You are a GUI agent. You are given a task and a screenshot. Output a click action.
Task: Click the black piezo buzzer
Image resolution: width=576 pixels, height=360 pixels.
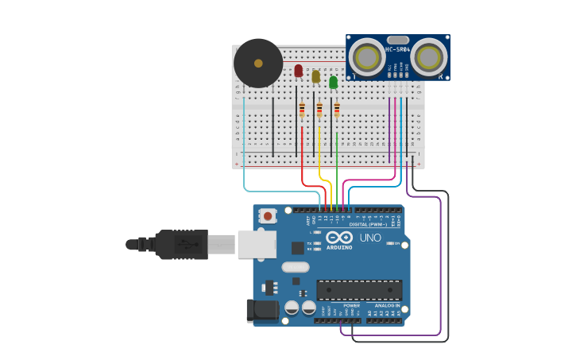click(x=258, y=63)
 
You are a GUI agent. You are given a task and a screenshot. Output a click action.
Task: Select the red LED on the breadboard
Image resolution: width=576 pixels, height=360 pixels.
click(x=298, y=71)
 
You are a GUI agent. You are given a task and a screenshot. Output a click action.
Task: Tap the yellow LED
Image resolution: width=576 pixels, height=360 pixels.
click(x=315, y=76)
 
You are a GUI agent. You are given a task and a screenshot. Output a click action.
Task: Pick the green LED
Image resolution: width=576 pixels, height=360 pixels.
click(x=333, y=81)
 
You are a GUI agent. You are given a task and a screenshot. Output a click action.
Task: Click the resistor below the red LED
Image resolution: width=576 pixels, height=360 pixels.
click(x=302, y=110)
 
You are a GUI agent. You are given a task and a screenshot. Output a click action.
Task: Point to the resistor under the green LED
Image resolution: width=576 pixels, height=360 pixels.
click(x=337, y=110)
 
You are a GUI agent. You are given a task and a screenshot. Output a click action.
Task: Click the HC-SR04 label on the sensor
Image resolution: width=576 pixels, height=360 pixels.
click(x=397, y=50)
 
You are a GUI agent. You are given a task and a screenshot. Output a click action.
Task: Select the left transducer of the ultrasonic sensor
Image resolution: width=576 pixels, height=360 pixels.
click(x=366, y=57)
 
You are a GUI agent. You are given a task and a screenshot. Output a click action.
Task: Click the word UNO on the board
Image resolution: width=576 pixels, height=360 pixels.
click(x=370, y=238)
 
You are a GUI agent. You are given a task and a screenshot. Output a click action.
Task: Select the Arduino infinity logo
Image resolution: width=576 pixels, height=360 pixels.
click(x=339, y=238)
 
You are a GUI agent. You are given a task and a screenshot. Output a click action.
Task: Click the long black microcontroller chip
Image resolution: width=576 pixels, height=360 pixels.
click(x=359, y=289)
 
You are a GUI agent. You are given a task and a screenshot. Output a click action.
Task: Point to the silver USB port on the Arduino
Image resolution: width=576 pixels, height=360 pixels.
click(x=257, y=245)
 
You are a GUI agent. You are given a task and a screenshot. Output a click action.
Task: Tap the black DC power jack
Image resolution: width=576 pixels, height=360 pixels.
click(x=262, y=311)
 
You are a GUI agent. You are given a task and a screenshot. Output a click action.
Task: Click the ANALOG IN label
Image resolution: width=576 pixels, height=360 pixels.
click(x=387, y=305)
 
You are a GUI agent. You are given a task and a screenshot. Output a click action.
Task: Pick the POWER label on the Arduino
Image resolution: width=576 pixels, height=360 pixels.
click(x=351, y=305)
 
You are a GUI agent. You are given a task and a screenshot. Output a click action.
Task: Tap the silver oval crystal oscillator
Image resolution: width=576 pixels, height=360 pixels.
click(x=295, y=267)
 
